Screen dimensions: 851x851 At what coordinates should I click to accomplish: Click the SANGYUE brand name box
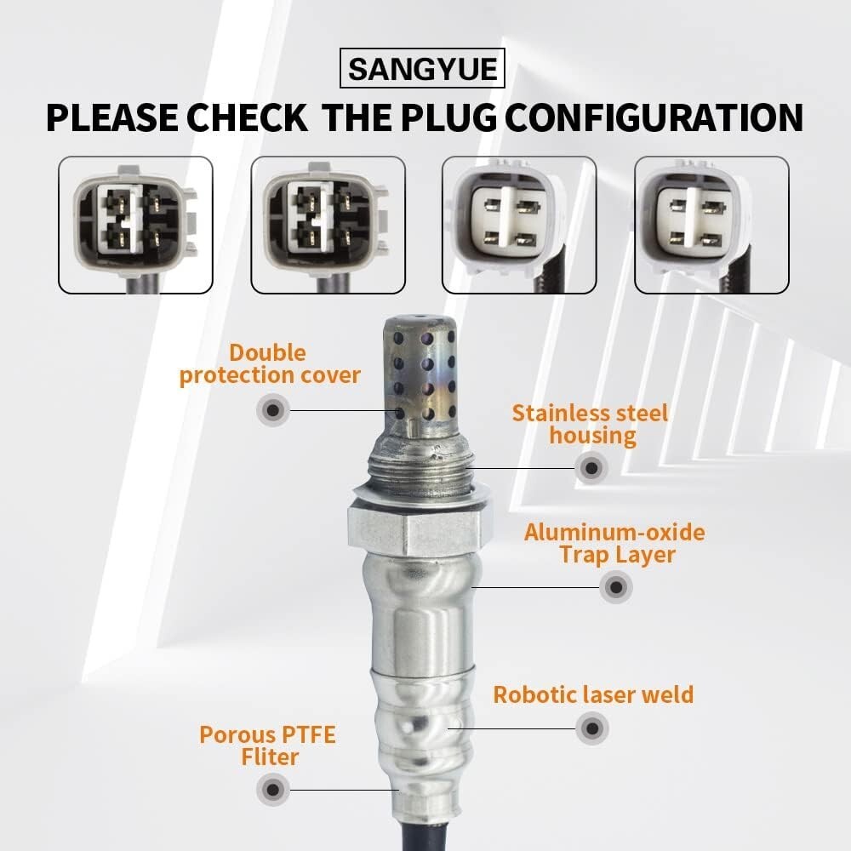(422, 68)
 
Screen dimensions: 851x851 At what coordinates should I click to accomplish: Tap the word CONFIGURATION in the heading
(654, 117)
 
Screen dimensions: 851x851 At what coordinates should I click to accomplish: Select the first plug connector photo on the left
(135, 225)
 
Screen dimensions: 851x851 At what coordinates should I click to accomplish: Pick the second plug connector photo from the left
(328, 225)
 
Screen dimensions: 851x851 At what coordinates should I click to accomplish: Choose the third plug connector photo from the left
(519, 225)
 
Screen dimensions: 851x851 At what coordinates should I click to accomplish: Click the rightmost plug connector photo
(711, 225)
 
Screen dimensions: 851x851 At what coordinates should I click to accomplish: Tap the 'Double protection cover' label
(270, 364)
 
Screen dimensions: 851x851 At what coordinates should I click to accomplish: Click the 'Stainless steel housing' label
(591, 425)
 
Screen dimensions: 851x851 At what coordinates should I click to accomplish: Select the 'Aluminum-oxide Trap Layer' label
(615, 544)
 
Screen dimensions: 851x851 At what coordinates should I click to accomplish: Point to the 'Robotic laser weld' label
(593, 694)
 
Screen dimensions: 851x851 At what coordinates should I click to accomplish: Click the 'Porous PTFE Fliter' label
(268, 745)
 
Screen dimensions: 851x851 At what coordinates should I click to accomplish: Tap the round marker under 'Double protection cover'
(273, 410)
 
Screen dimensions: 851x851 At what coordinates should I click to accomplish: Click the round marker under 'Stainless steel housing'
(591, 468)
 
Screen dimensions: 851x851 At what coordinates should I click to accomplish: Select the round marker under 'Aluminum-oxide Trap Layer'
(616, 586)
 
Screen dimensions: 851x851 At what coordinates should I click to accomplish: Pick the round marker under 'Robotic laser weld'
(592, 728)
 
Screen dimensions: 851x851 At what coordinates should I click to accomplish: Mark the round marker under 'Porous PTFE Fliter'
(273, 790)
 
